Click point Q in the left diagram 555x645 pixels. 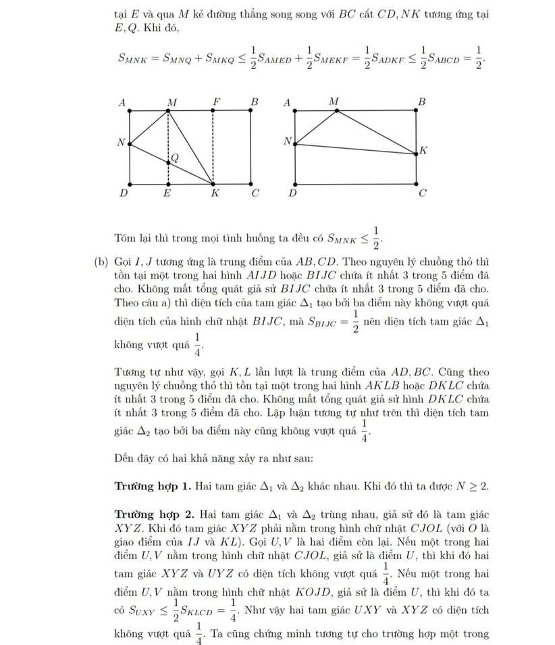169,162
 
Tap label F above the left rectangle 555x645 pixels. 216,101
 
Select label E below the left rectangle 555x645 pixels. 167,193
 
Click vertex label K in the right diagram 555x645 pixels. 423,149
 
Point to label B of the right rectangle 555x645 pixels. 423,101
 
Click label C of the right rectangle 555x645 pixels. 423,193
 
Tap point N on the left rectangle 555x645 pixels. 128,143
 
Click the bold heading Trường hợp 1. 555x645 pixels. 153,486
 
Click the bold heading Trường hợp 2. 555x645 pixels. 153,513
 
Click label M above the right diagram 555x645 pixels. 334,101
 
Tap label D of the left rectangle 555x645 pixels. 124,193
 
